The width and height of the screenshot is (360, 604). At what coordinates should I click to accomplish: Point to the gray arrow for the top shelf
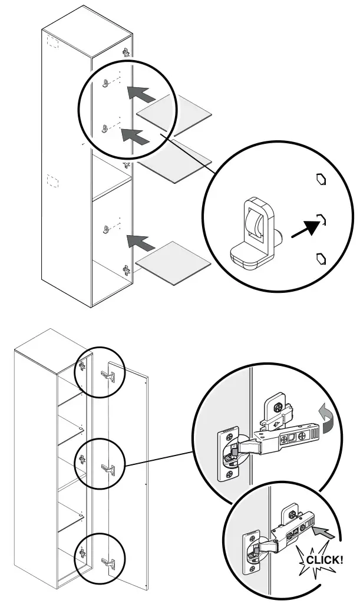coord(141,93)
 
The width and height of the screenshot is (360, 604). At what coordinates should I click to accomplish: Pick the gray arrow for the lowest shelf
coord(141,242)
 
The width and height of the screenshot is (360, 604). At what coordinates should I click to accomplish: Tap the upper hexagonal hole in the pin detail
coord(321,180)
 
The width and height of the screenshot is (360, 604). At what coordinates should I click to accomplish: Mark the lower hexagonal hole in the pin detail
coord(321,258)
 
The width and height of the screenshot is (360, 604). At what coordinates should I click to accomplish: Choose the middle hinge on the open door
coord(107,469)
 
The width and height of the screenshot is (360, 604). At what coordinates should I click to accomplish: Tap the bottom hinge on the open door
coord(107,563)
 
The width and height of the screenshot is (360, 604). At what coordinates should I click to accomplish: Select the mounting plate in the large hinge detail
coord(275,409)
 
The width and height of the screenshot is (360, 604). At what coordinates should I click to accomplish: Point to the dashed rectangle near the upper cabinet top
coord(51,42)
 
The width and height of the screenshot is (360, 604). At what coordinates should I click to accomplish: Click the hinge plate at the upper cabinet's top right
coord(125,52)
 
